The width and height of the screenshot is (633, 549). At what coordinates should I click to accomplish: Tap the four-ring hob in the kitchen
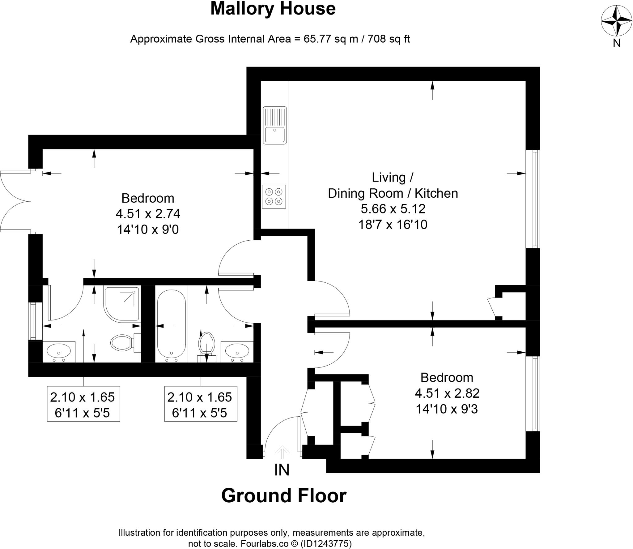coord(274,197)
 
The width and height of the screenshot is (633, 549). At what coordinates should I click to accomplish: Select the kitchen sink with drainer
coord(274,125)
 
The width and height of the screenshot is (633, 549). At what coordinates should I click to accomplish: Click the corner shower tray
coord(122,303)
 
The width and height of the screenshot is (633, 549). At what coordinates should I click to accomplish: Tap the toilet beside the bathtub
coord(207,343)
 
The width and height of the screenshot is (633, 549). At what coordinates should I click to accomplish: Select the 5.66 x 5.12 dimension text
coord(393,209)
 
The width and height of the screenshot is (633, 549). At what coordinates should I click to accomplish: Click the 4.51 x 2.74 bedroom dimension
coord(148,214)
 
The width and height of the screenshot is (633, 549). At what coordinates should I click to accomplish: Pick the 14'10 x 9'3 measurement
coord(447,409)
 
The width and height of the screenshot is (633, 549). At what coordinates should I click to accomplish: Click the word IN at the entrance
coord(282,470)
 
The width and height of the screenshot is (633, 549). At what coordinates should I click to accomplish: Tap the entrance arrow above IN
coord(282,452)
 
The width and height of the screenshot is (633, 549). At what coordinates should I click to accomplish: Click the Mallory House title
coord(273,9)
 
